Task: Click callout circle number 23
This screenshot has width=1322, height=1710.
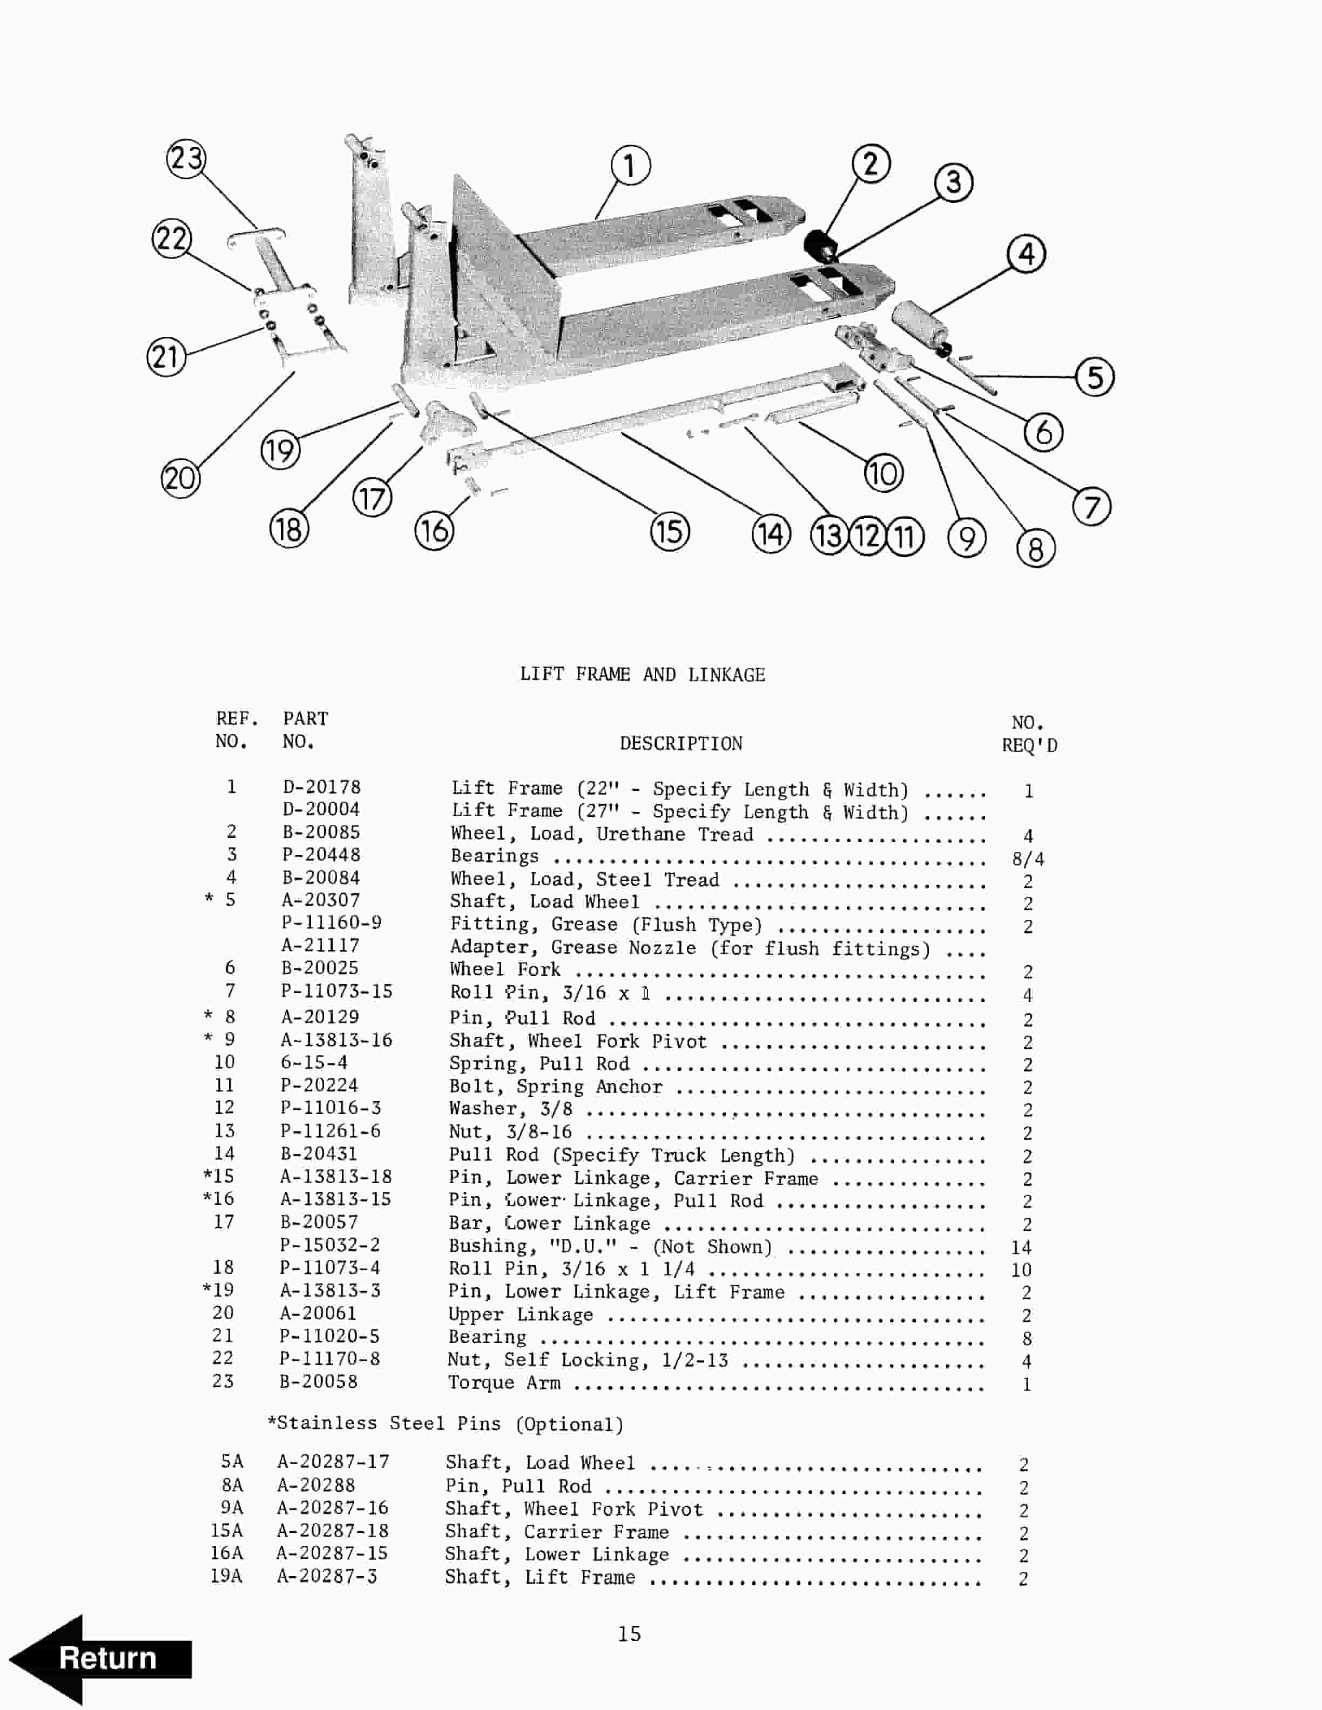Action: (x=186, y=159)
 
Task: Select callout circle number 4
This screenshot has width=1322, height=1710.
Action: (x=1026, y=254)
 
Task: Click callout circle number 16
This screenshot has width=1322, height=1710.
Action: (x=434, y=530)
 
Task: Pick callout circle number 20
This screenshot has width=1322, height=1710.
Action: (x=180, y=478)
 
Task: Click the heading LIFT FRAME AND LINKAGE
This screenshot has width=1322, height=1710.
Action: (x=642, y=674)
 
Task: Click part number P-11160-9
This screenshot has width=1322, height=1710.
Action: (x=331, y=922)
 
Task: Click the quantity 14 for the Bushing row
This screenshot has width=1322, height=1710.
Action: (x=1021, y=1247)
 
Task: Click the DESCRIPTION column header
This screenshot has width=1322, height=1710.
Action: (x=680, y=743)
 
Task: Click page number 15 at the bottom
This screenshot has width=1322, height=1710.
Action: (x=629, y=1633)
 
